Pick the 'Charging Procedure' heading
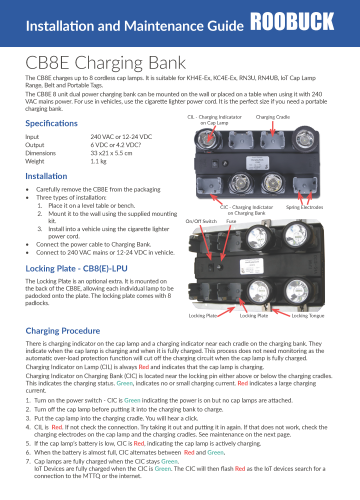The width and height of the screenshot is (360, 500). tap(67, 329)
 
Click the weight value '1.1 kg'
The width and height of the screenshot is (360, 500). tap(99, 160)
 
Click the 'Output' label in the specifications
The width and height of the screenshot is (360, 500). tap(37, 144)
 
